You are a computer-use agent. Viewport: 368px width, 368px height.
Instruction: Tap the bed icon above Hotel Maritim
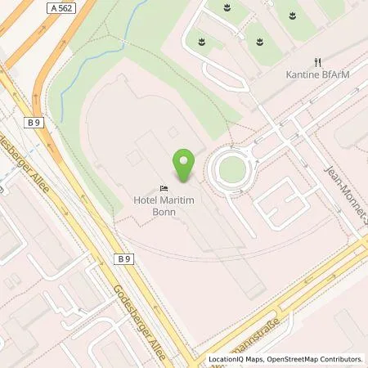164,186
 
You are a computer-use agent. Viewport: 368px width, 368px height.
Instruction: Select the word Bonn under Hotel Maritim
164,210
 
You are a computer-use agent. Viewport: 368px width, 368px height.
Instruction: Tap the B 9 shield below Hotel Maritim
123,259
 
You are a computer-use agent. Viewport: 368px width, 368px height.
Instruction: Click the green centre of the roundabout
233,169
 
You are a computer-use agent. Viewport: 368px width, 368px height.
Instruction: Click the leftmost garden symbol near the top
199,38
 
